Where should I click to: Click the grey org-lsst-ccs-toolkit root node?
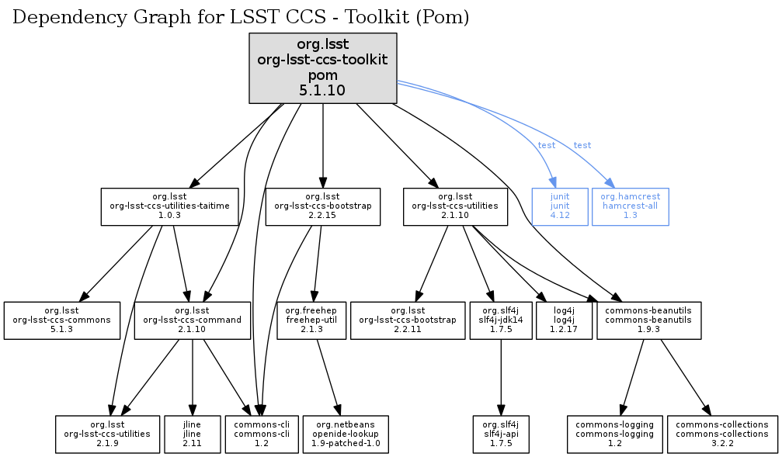click(x=322, y=68)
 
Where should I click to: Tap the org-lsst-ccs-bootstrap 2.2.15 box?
click(x=322, y=206)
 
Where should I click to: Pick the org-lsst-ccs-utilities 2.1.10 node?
click(x=455, y=206)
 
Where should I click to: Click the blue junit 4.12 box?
click(x=560, y=206)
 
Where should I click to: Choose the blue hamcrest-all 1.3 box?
click(x=630, y=206)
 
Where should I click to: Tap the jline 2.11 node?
click(x=192, y=434)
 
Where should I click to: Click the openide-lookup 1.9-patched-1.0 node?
click(x=346, y=434)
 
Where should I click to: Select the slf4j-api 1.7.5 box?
click(x=500, y=434)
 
